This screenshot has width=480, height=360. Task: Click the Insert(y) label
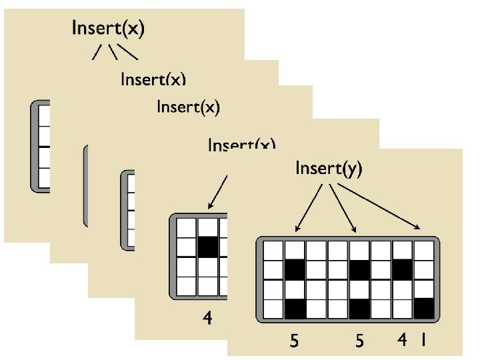pos(329,169)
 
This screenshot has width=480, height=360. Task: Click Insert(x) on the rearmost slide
pos(109,29)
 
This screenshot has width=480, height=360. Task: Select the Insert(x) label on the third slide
pos(187,107)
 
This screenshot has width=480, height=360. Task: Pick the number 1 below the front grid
pos(422,341)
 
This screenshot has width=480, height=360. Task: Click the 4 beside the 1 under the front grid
pos(402,341)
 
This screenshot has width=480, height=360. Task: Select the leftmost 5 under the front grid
pos(294,341)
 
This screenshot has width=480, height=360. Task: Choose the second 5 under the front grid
pos(359,341)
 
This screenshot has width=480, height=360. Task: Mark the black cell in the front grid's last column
pos(424,308)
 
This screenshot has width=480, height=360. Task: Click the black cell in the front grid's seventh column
pos(402,270)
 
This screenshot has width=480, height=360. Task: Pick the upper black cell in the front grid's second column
pos(295,270)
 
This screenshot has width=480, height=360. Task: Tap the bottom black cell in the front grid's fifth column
pos(359,309)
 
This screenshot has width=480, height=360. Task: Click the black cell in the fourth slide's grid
pos(207,247)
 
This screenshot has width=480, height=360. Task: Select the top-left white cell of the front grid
pos(273,251)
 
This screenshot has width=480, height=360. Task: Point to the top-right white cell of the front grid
pos(424,251)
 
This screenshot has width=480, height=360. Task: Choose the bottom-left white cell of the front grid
pos(273,309)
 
